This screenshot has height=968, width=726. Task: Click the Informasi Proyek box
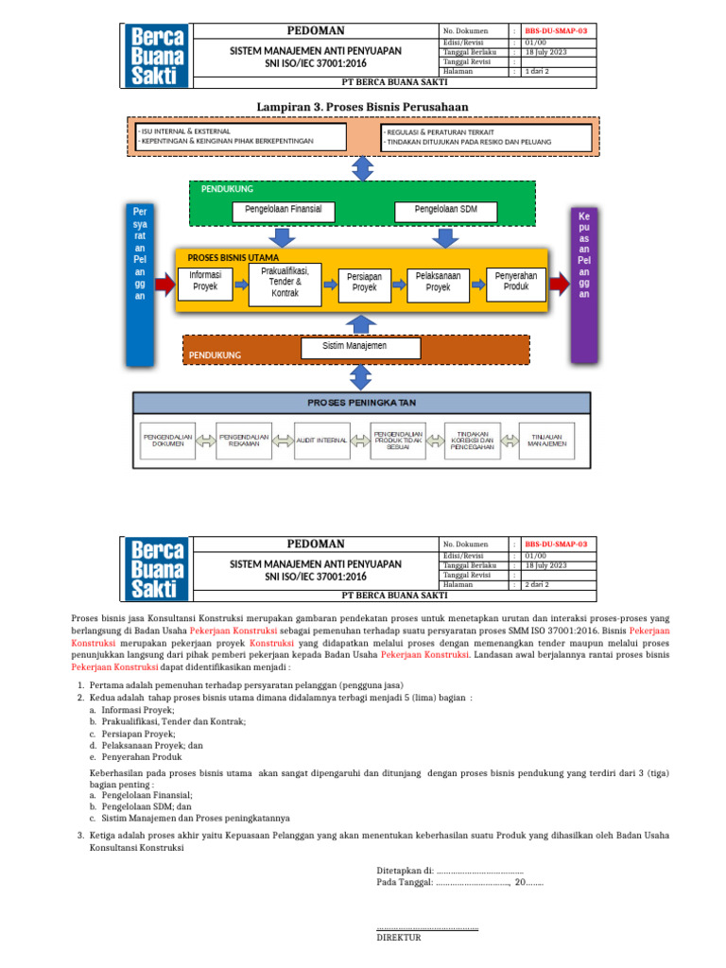click(205, 281)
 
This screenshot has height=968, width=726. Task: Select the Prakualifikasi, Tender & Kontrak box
click(285, 282)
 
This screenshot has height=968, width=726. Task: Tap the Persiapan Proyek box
click(364, 282)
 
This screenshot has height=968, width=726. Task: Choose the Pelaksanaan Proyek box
click(438, 282)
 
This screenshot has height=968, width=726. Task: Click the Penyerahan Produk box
click(516, 281)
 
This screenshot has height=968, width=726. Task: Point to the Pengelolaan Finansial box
click(283, 209)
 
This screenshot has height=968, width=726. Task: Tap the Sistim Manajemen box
click(354, 347)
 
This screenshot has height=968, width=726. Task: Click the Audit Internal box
click(321, 441)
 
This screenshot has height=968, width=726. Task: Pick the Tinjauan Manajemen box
click(547, 441)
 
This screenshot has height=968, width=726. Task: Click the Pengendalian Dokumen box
click(167, 441)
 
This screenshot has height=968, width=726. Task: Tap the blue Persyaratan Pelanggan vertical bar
click(140, 282)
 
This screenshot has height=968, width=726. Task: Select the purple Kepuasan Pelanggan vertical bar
click(583, 282)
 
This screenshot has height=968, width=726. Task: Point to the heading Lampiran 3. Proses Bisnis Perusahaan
click(363, 105)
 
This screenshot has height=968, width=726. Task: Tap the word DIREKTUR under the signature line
click(399, 938)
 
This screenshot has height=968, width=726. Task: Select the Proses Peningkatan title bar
click(362, 403)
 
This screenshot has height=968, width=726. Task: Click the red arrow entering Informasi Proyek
click(164, 282)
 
